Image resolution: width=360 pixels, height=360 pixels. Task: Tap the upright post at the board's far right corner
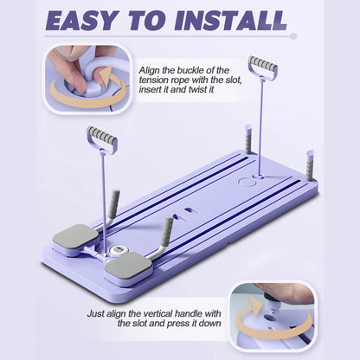click(x=310, y=164)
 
